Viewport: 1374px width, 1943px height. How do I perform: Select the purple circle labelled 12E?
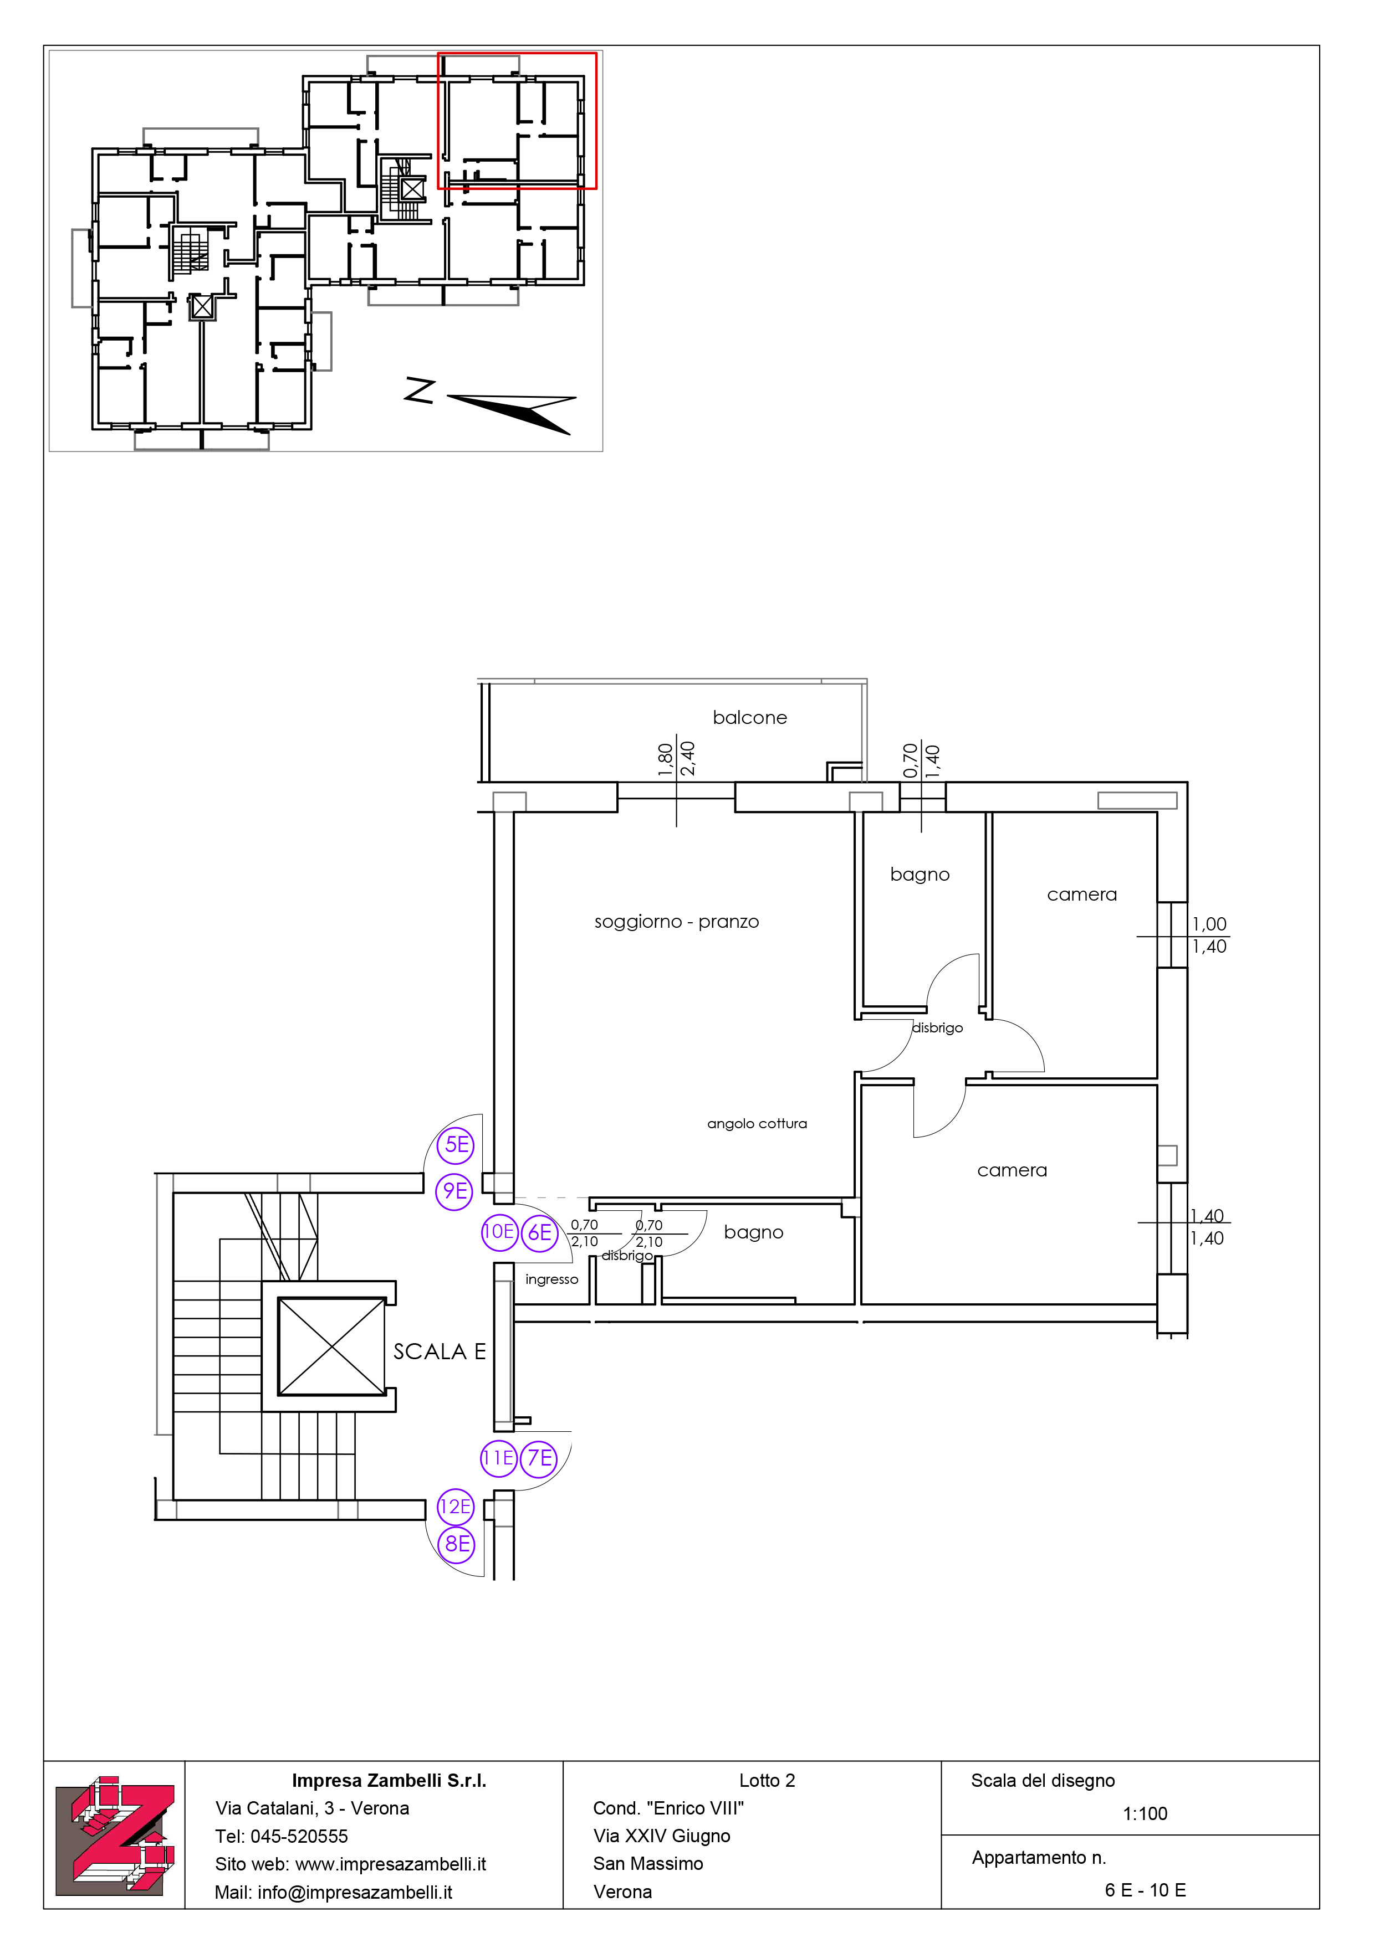point(456,1507)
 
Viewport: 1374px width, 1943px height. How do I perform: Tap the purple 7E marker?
point(539,1458)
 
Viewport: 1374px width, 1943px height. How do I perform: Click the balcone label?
point(749,718)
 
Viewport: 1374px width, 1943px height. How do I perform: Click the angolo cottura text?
point(757,1124)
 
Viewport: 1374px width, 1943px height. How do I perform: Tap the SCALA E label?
point(440,1351)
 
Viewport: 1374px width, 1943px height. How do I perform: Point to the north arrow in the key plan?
point(512,413)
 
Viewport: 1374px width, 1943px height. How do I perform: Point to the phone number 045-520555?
point(299,1836)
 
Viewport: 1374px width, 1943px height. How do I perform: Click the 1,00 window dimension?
point(1209,924)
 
